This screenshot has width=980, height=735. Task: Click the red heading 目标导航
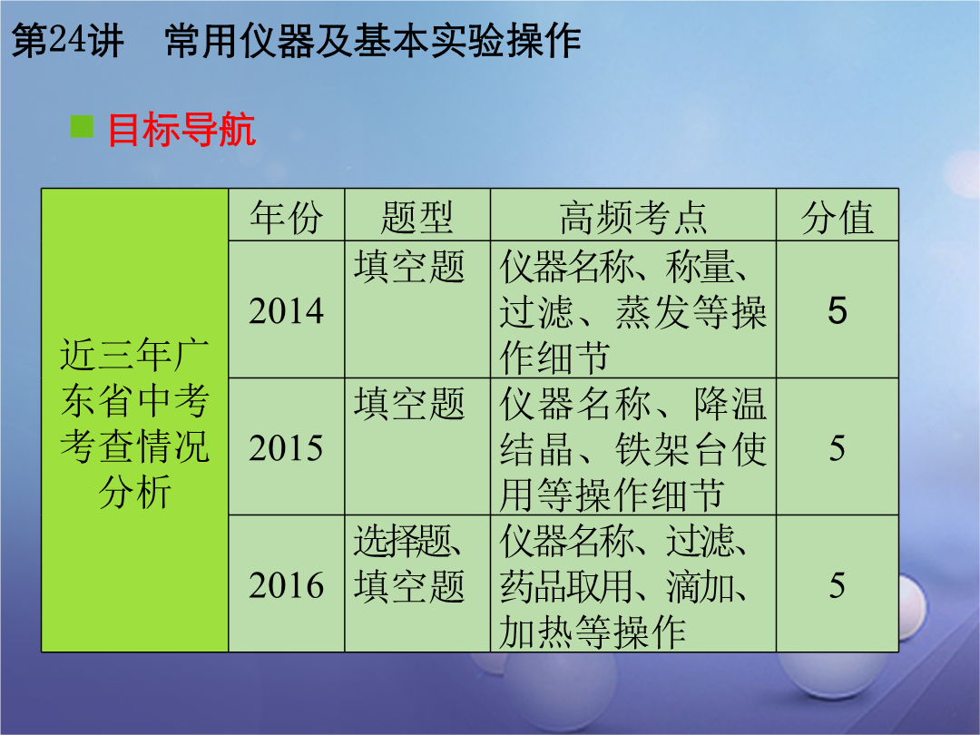click(x=181, y=130)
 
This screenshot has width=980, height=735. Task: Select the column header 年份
click(x=286, y=218)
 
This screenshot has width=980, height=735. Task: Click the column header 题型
click(x=416, y=218)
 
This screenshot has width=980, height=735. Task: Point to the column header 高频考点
click(x=633, y=218)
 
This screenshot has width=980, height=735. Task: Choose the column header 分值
click(x=837, y=218)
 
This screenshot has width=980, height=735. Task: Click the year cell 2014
click(x=286, y=310)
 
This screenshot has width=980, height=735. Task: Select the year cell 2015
click(x=286, y=448)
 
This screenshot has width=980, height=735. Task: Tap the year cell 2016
click(x=286, y=585)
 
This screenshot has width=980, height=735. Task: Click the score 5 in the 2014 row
click(x=838, y=310)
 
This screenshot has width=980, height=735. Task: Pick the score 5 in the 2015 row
click(x=838, y=448)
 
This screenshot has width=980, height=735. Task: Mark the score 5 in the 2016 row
click(x=838, y=585)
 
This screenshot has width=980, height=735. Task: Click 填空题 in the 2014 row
click(x=409, y=267)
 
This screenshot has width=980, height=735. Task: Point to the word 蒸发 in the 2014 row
click(x=652, y=312)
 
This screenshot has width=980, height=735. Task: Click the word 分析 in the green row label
click(x=134, y=493)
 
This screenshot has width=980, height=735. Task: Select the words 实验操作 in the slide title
click(x=506, y=41)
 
